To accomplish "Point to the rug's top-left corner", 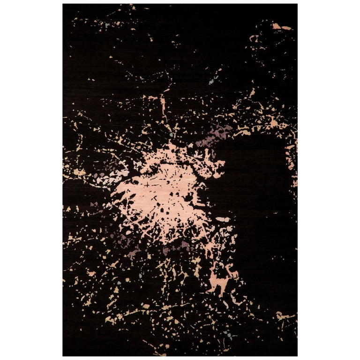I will point(63,5).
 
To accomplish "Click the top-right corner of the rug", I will point(297,5).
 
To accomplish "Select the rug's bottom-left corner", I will point(63,355).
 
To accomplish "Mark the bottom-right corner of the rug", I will point(297,355).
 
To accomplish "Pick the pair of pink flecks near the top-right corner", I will point(281,27).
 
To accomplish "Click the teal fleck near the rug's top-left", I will point(107,24).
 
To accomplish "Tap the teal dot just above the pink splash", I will point(171,135).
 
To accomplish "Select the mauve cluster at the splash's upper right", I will point(213,136).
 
